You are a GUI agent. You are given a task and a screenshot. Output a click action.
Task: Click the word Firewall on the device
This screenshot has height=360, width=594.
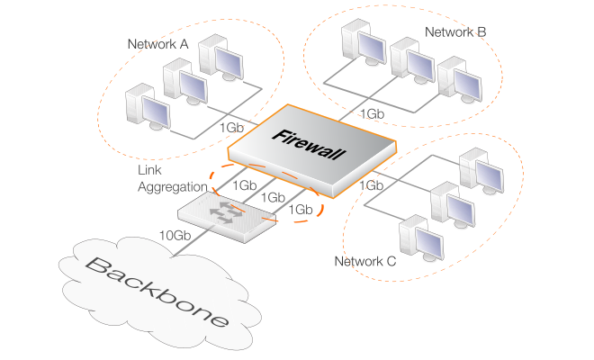point(308,144)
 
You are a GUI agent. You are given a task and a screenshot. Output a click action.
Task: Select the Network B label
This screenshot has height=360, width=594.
point(454,32)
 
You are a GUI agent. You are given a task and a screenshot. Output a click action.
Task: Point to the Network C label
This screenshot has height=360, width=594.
point(364,262)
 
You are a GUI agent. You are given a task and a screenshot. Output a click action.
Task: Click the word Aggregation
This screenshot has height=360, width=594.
point(172,186)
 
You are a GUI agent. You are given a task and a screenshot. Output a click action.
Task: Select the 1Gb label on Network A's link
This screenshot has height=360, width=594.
point(230,128)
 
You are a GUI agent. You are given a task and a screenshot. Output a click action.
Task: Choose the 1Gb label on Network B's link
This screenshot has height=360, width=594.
point(373,114)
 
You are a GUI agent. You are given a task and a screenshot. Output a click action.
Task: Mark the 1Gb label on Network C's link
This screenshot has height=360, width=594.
point(373,185)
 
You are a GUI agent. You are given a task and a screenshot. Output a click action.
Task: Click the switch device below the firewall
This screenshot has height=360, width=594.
point(224,216)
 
